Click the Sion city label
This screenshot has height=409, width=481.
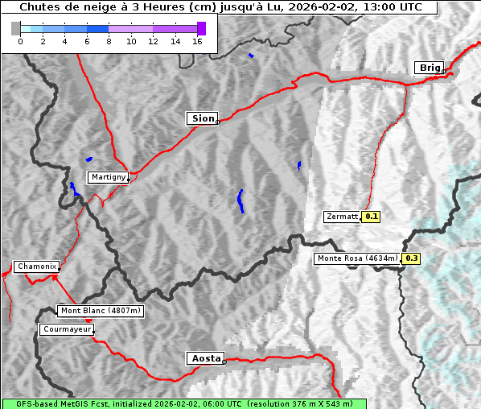(x=203, y=118)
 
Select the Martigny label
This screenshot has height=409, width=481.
(x=108, y=177)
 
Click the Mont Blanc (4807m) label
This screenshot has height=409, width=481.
(x=101, y=311)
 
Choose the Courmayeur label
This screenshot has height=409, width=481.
(x=67, y=329)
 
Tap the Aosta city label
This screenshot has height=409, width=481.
(x=204, y=358)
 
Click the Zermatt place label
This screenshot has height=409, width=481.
(x=342, y=217)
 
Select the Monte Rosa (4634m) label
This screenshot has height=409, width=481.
(x=356, y=258)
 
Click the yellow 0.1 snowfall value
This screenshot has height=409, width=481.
(x=371, y=217)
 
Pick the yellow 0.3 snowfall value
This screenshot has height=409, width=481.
(x=411, y=258)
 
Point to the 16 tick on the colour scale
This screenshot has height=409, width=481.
(x=197, y=42)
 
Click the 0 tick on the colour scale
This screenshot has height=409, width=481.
(x=20, y=42)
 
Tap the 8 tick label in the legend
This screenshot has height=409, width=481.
(x=109, y=42)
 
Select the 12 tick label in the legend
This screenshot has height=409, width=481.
(x=153, y=42)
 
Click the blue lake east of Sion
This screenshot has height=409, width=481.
(x=299, y=165)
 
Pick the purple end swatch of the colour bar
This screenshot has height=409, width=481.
(x=201, y=28)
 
